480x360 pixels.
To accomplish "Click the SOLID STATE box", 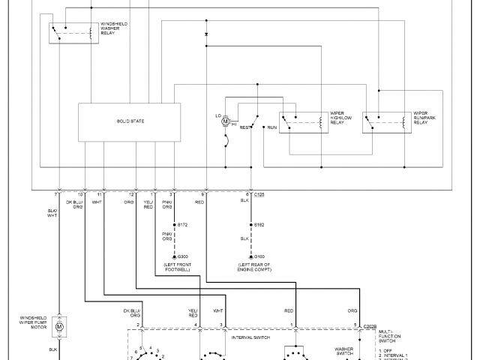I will (x=129, y=121).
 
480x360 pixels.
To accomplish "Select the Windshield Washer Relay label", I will (x=113, y=30).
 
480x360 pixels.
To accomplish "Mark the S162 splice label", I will (x=259, y=225).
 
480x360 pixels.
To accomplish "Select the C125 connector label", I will (x=259, y=195).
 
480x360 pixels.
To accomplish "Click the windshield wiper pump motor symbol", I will (x=60, y=327).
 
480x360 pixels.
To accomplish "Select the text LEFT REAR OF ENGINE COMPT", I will (x=254, y=267).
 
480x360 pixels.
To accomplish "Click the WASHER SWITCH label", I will (x=344, y=351).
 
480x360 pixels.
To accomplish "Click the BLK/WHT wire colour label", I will (x=52, y=214).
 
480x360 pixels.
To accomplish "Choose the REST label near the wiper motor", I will (x=244, y=128).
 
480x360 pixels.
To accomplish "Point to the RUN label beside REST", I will (x=271, y=128).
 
